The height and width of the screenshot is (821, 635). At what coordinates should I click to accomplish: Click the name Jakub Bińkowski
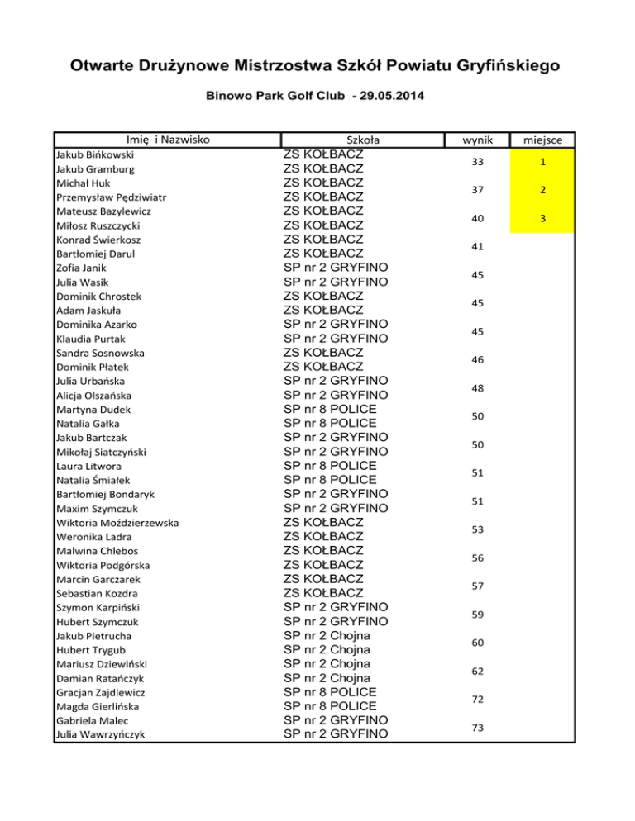[x=95, y=154]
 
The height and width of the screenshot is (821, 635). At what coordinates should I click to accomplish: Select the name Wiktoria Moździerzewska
[x=117, y=523]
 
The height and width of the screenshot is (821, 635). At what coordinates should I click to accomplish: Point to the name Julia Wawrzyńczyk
[x=96, y=734]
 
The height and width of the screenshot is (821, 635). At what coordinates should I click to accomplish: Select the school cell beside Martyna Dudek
[x=330, y=410]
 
